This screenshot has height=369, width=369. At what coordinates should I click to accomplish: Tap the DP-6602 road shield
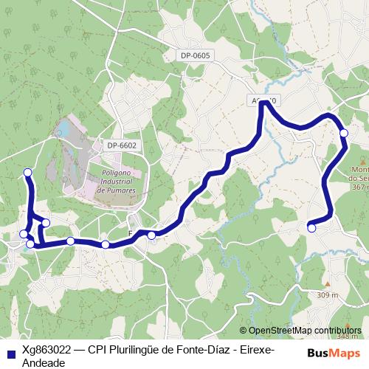coord(122,146)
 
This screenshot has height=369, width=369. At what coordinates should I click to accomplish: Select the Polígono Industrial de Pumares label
coord(116,180)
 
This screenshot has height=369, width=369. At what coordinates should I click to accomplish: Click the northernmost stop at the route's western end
coord(28,173)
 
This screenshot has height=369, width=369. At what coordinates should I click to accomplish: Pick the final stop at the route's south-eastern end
coord(311,229)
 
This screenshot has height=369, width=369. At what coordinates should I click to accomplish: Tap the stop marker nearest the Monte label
coord(343,133)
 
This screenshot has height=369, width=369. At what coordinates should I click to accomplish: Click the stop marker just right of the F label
coord(151,235)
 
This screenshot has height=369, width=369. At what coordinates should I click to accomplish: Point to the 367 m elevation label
coord(359,187)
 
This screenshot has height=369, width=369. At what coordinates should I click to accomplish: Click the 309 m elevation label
coord(327,295)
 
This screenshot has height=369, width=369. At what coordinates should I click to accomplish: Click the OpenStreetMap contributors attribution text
coord(305,331)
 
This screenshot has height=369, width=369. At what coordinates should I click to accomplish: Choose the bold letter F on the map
coord(131,233)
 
